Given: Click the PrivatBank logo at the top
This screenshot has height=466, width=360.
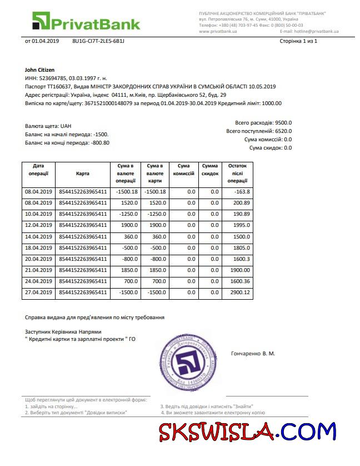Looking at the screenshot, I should (86, 22).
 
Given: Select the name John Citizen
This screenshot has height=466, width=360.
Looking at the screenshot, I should (40, 70).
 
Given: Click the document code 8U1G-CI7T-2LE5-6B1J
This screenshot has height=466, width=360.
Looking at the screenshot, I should (98, 41).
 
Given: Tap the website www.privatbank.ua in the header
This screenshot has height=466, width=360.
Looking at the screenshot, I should (218, 32).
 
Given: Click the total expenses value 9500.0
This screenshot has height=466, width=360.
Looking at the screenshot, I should (283, 123).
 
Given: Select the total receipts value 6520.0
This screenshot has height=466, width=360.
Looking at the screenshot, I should (283, 131).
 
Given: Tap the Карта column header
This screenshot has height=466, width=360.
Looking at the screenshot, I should (83, 173).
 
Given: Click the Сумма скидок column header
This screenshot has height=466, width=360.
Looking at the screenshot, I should (210, 170).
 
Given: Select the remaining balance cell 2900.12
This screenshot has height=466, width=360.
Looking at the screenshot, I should (239, 292).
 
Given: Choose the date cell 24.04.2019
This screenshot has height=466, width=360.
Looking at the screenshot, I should (38, 281).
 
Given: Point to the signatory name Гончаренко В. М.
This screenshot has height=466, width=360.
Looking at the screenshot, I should (253, 354).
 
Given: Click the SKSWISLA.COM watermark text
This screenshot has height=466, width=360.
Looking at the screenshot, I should (247, 432).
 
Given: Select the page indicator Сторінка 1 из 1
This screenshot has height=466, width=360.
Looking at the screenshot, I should (298, 41).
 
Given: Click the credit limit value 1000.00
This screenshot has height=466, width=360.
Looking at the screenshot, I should (272, 103).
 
